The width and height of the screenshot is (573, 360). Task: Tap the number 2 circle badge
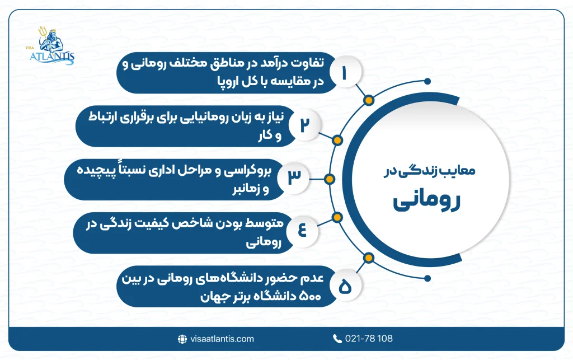pos(304,124)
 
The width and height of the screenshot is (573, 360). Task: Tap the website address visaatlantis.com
pos(221,339)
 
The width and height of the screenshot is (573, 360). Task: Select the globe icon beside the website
pos(182,339)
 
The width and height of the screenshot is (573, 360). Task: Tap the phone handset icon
pos(337,339)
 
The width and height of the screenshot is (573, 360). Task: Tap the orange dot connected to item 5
pos(368,258)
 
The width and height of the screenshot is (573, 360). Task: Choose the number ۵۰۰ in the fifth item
pos(310,297)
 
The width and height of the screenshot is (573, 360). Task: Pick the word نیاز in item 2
pos(274,118)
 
